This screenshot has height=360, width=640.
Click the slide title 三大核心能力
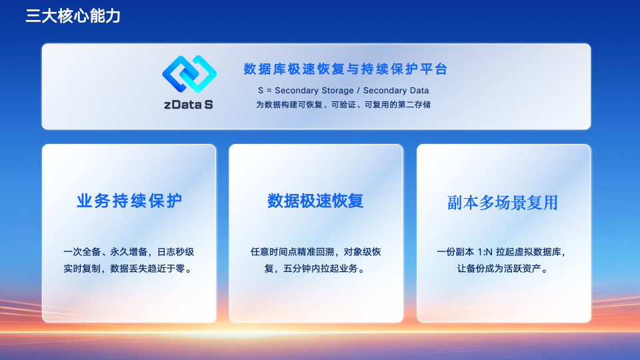point(73,16)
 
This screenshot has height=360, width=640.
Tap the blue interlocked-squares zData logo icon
point(189,74)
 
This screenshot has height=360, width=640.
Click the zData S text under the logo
point(189,105)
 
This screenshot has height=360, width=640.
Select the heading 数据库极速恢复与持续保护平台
point(345,69)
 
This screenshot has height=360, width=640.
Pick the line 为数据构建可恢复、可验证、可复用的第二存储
point(343,105)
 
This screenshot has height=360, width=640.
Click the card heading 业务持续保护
point(129,201)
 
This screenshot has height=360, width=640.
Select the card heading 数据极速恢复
point(315,201)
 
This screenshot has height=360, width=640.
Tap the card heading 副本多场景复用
point(503,203)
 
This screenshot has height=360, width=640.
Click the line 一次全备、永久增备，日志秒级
point(129,252)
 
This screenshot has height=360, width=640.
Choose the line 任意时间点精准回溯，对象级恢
point(315,252)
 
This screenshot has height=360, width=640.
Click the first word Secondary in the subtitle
point(293,91)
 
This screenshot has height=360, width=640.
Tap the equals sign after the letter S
point(269,91)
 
